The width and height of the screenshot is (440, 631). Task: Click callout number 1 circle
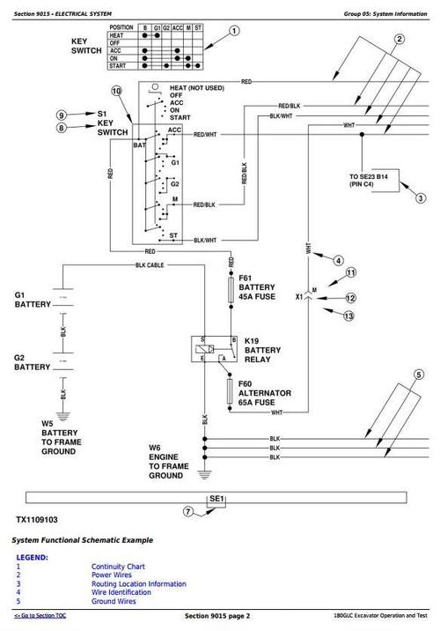(x=234, y=32)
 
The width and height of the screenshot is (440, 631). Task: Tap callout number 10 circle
(x=116, y=92)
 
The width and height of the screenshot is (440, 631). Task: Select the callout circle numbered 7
(x=187, y=511)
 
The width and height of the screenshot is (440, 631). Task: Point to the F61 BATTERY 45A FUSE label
(x=263, y=286)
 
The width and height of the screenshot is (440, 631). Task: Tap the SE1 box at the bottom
(x=216, y=501)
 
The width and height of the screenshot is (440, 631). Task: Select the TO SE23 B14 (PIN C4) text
(x=374, y=182)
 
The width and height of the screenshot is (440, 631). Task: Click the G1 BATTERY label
(x=33, y=300)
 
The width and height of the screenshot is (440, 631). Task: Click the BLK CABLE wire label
(x=150, y=264)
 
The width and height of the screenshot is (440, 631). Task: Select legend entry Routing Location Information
(x=138, y=583)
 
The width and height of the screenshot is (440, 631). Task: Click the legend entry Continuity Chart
(x=118, y=566)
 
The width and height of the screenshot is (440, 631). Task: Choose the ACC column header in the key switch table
(x=179, y=27)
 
